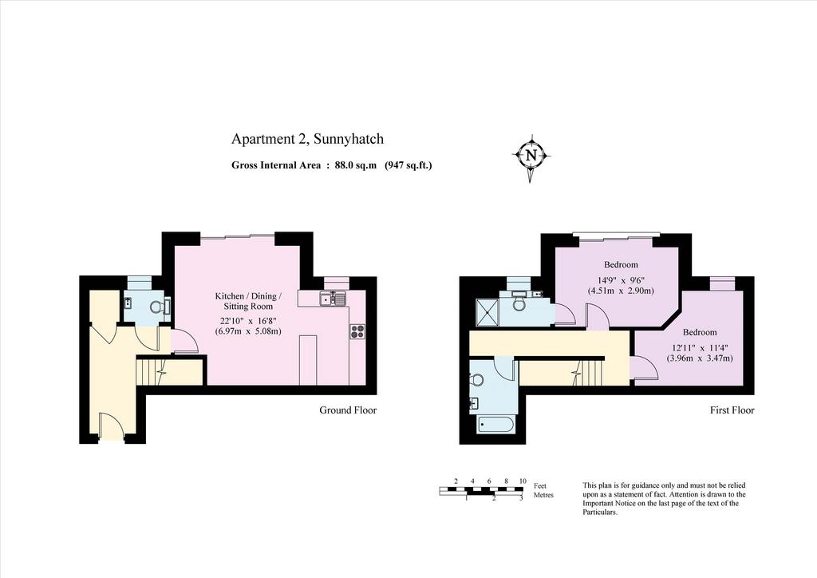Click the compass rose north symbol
(531, 156)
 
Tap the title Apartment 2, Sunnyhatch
(307, 139)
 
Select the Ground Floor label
(348, 410)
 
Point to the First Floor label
(732, 410)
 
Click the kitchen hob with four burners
(357, 331)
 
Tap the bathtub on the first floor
(496, 425)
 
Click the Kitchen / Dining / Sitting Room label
(249, 301)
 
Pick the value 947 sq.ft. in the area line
(408, 166)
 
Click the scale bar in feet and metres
(481, 490)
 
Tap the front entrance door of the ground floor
(111, 425)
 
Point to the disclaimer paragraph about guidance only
(664, 499)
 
